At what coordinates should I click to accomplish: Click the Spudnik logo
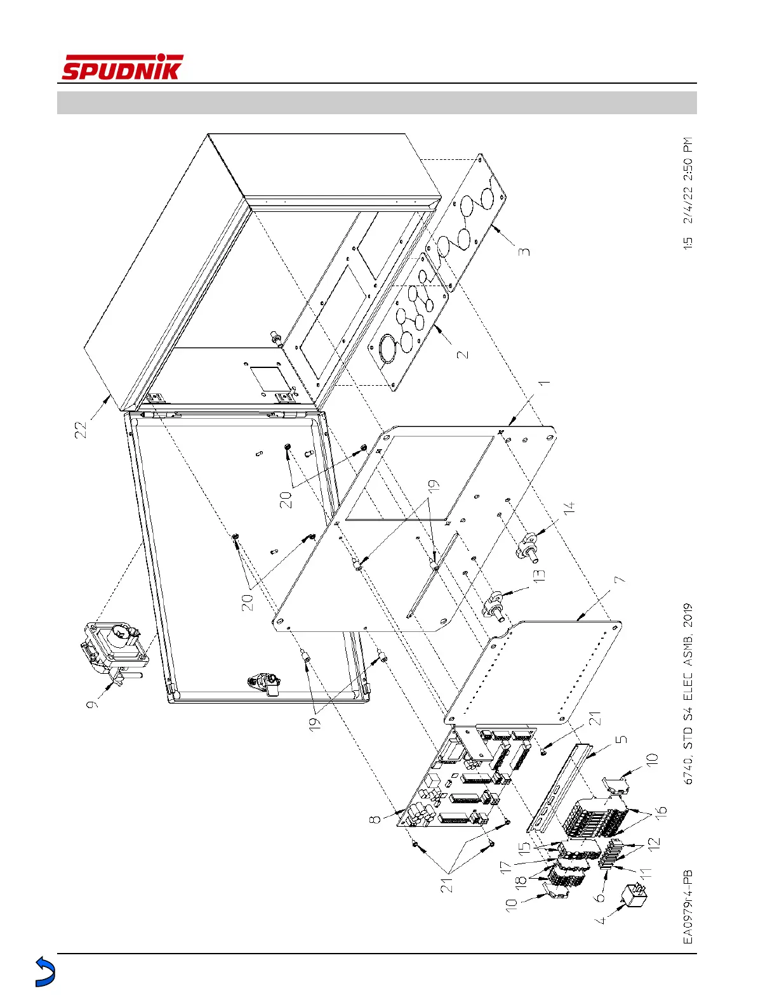click(122, 68)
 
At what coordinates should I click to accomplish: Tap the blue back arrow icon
click(44, 971)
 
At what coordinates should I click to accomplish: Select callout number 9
click(93, 702)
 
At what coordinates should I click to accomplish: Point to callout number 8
click(376, 820)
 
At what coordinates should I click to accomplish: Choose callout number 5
click(621, 739)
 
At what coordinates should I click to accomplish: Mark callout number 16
click(660, 811)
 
